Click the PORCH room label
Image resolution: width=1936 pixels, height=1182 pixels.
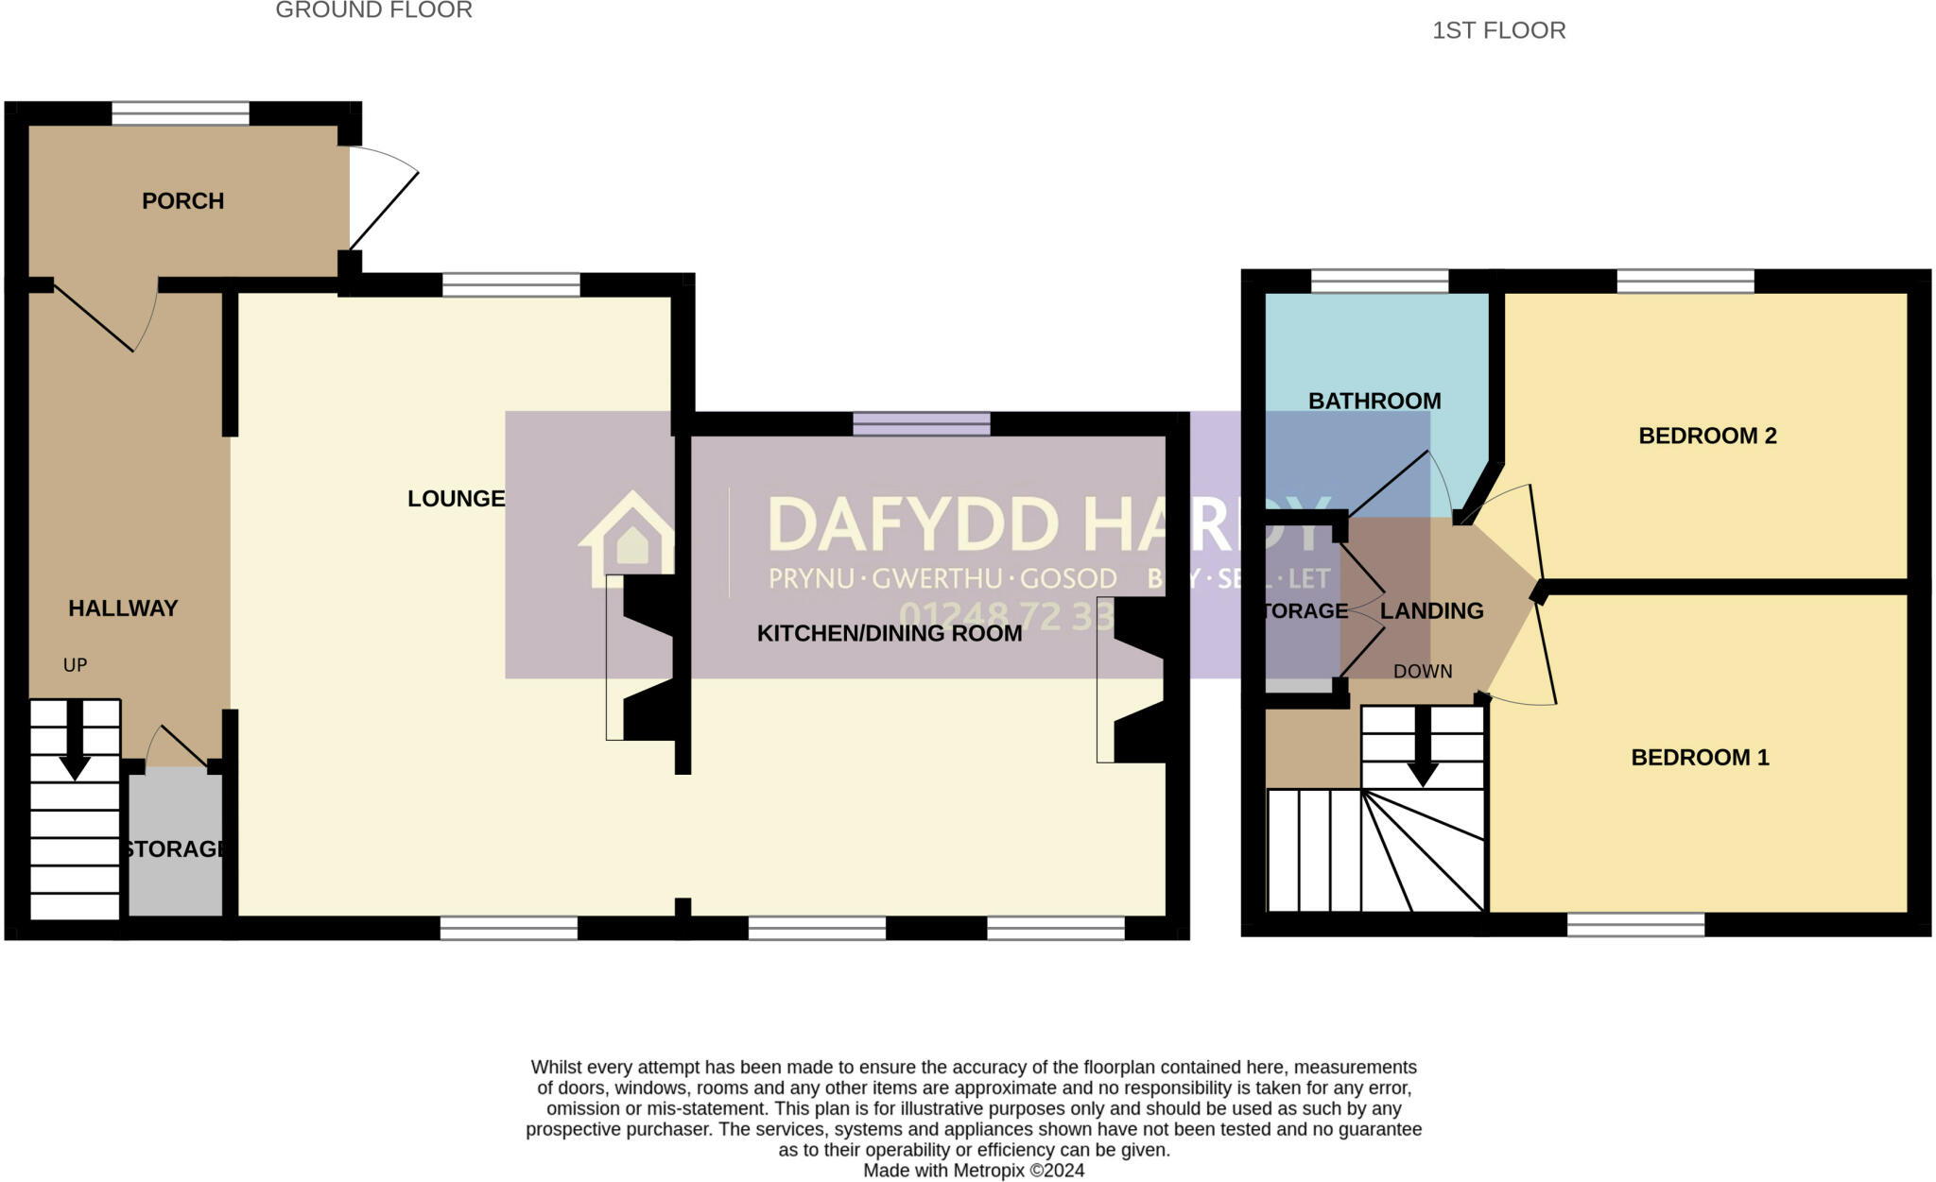(x=182, y=201)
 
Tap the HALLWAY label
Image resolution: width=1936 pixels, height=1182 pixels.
(x=123, y=608)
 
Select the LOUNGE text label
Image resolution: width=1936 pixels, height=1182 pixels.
(x=456, y=499)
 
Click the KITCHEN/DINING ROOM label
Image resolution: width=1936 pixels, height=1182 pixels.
(x=889, y=634)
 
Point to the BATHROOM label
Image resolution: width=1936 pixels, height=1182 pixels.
(x=1374, y=401)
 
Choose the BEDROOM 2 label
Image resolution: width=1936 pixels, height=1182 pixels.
(x=1706, y=436)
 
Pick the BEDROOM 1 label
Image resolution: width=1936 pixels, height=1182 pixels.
(x=1699, y=757)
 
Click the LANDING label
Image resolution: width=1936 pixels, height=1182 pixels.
(x=1431, y=611)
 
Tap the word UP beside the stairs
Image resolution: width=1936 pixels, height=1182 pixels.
(x=75, y=665)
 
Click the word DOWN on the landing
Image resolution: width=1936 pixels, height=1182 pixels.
(x=1422, y=672)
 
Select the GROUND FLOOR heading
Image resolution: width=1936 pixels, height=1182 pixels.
(x=373, y=10)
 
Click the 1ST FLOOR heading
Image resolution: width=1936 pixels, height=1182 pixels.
(x=1498, y=30)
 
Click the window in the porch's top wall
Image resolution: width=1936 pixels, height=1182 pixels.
(x=181, y=114)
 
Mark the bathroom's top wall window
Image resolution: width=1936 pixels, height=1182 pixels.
(x=1379, y=281)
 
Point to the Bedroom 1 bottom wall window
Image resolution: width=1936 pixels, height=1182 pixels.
(x=1634, y=924)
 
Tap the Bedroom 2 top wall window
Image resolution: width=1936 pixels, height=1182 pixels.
(x=1685, y=281)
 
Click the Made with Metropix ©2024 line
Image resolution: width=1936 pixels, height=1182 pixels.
(x=974, y=1171)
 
